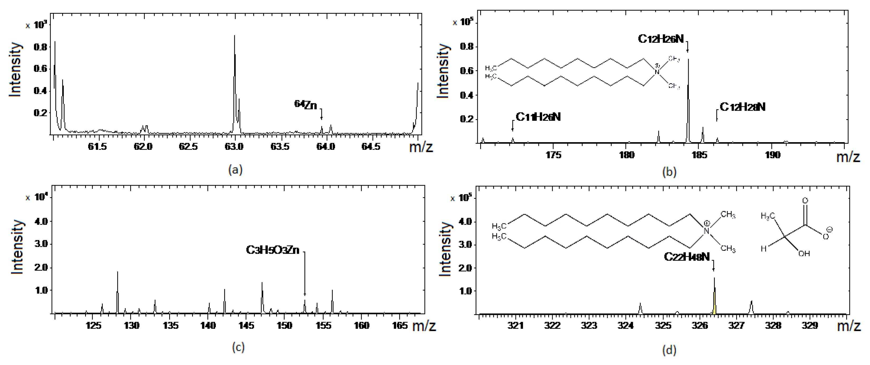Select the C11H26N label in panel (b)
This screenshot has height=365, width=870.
pos(538,117)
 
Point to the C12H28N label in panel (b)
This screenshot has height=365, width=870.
pos(742,107)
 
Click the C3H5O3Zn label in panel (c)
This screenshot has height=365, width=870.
pos(273,250)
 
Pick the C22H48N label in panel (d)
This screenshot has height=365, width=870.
pos(687,257)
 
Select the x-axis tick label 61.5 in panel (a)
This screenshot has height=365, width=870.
pos(98,147)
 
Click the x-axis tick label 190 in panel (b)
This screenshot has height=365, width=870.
pos(772,155)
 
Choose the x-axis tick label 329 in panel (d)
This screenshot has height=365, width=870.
pos(810,325)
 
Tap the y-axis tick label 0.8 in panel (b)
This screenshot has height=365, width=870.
pos(467,46)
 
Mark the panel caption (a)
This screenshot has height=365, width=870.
pos(235,169)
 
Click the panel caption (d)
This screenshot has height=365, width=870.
pos(669,350)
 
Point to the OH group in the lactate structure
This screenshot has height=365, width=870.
pos(804,253)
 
